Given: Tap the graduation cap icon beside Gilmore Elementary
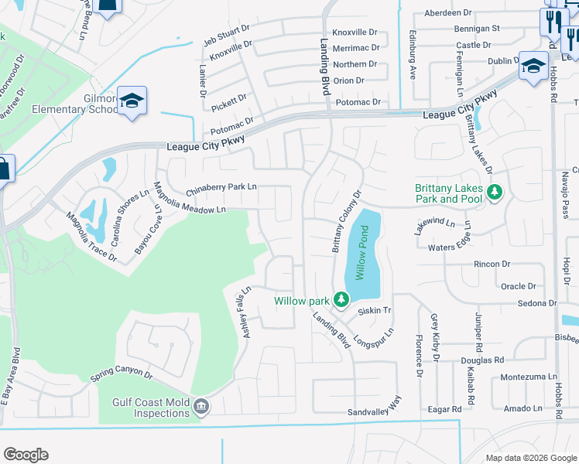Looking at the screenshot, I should coord(132,101).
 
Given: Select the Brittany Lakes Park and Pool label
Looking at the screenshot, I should coord(448,193).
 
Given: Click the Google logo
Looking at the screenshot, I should coord(26,455).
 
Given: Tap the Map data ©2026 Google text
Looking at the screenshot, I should coord(530,458).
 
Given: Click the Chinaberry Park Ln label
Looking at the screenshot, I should coord(221,187).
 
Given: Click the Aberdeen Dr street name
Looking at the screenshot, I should coord(448,13).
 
